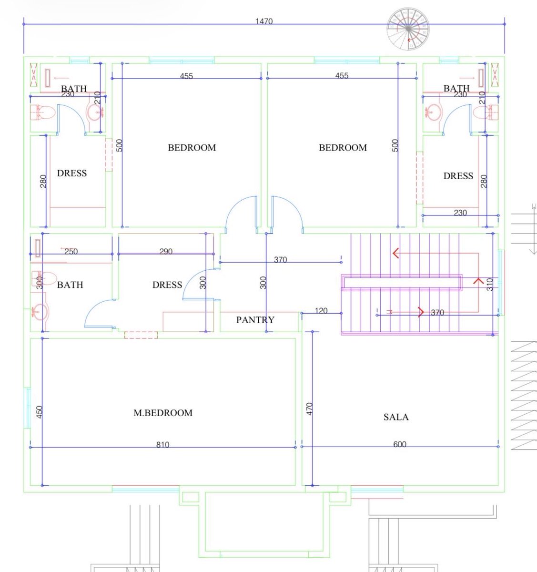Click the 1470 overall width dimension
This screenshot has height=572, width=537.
[x=264, y=21]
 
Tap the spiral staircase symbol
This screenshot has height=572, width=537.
[x=408, y=29]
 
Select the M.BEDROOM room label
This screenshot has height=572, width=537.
[x=163, y=413]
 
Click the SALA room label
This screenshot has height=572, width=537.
[x=396, y=417]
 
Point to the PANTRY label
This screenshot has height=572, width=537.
[x=255, y=320]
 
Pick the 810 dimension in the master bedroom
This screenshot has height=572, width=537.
[x=162, y=445]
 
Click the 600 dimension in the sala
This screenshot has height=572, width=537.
[x=400, y=444]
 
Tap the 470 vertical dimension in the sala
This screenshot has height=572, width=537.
[x=309, y=409]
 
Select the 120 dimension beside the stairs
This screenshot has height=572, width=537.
[x=321, y=310]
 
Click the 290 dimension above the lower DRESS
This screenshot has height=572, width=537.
[x=166, y=251]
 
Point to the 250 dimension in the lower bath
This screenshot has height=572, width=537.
[x=71, y=251]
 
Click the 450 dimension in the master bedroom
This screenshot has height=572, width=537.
[x=40, y=412]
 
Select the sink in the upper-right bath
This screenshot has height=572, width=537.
[x=433, y=112]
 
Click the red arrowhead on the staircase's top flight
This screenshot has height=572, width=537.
[x=396, y=253]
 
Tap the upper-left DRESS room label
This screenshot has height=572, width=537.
[x=72, y=173]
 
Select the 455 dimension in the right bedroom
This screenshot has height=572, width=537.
[x=342, y=75]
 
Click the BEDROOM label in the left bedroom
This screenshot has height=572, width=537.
[x=192, y=147]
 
